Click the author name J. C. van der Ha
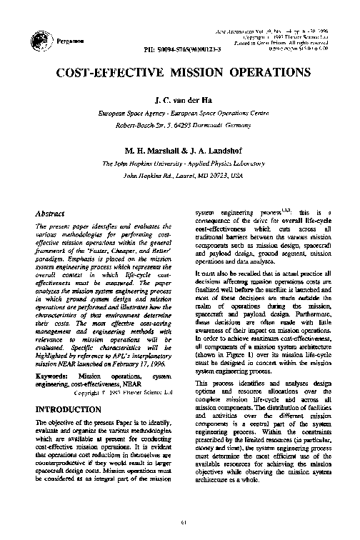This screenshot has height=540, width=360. point(179,101)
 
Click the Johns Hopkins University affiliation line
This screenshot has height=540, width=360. point(179,164)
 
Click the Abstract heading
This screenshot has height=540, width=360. point(50,214)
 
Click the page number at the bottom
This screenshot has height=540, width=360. point(184,519)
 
